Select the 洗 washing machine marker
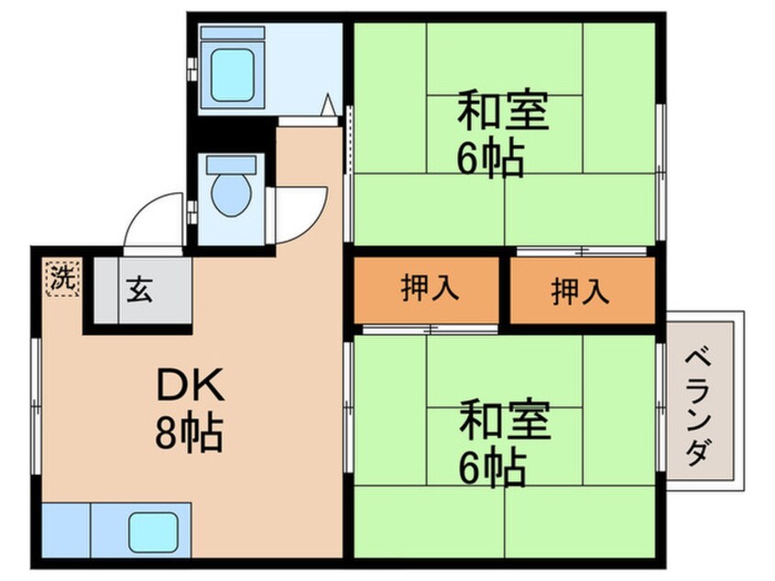click(61, 279)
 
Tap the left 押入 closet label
click(428, 289)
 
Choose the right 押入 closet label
click(580, 290)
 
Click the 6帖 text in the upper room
click(490, 159)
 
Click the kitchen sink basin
click(153, 532)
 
